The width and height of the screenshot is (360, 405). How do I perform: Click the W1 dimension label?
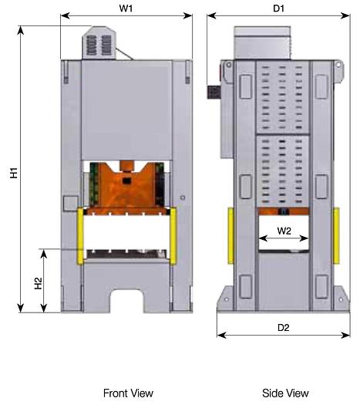pos(126,8)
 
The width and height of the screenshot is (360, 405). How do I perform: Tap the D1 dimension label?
pos(279,8)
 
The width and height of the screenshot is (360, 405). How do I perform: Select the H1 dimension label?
pos(14,170)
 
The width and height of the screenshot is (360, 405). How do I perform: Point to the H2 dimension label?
pos(39,282)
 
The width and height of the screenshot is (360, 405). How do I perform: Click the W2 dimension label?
pos(284,230)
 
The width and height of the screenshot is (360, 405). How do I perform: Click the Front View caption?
pos(128,393)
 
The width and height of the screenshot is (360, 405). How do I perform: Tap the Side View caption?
pos(285,393)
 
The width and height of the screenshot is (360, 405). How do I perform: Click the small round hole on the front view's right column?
pos(181,198)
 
